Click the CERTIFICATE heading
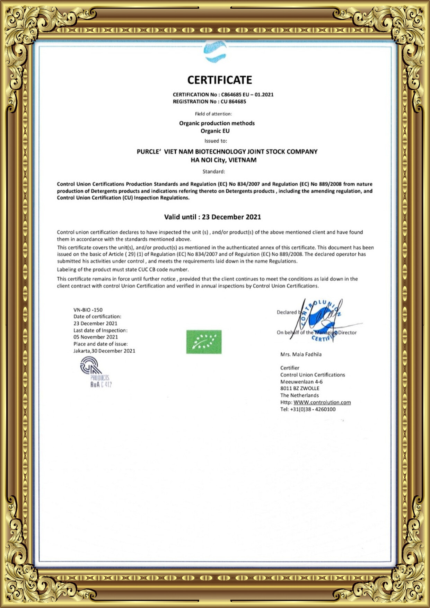(x=220, y=80)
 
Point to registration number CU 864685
(x=233, y=102)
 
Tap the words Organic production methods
(x=217, y=123)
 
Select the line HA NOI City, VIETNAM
(x=223, y=160)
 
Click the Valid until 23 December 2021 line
(x=212, y=217)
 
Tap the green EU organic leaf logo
(x=204, y=342)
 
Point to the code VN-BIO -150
(x=88, y=310)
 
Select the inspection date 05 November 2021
(x=96, y=337)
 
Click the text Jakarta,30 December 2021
(x=104, y=351)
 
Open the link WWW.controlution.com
(x=322, y=402)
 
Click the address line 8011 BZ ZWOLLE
(x=300, y=388)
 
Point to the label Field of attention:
(x=213, y=114)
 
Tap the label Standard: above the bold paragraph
(x=214, y=171)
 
